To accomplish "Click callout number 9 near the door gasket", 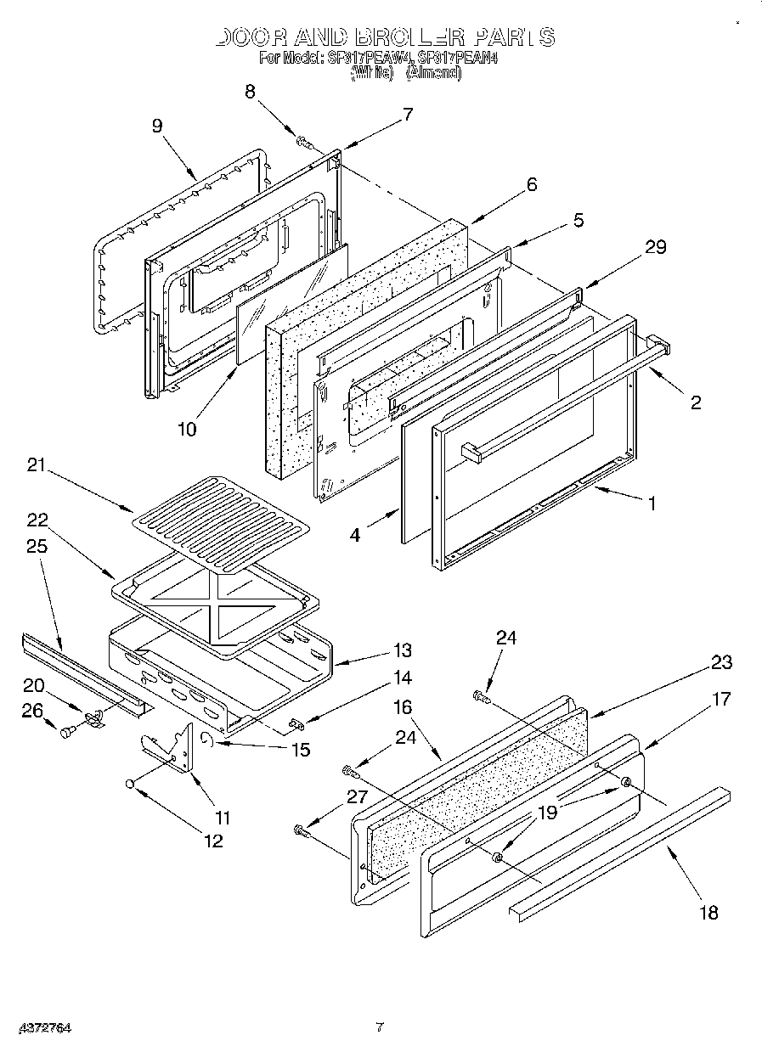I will (x=157, y=126).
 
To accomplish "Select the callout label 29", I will (x=655, y=247).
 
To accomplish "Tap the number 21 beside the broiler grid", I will (x=37, y=465).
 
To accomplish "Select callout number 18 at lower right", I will (x=708, y=913).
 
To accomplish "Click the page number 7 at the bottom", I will (x=380, y=1027).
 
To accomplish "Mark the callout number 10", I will (x=187, y=429).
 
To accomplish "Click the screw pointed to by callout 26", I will (x=66, y=731).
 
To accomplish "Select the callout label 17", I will (x=721, y=700).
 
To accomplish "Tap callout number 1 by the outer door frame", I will (x=652, y=503).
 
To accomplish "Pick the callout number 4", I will (x=355, y=535).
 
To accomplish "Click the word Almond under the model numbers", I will (x=433, y=73).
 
